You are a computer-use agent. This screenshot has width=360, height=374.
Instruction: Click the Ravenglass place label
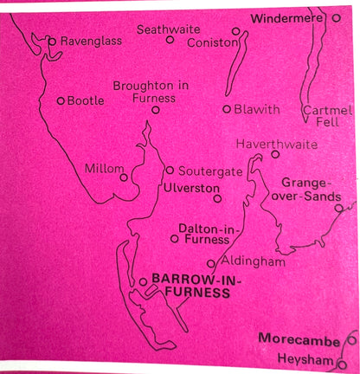(x=90, y=41)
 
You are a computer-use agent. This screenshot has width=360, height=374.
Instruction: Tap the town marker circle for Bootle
(x=61, y=100)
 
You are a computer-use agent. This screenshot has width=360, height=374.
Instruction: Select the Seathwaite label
(x=169, y=29)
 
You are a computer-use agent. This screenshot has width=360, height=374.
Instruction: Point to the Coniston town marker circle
(x=235, y=31)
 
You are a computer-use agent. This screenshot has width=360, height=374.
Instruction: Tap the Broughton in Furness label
(x=156, y=92)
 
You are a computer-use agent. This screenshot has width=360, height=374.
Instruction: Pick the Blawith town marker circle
(x=227, y=109)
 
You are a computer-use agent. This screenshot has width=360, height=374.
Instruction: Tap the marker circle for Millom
(x=125, y=177)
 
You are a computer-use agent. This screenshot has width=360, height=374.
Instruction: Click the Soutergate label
(x=206, y=171)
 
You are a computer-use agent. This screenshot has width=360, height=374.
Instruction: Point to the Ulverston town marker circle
(x=217, y=198)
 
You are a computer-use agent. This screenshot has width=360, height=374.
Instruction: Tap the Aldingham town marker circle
(x=210, y=263)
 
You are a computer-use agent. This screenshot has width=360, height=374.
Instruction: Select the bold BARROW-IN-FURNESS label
(x=191, y=287)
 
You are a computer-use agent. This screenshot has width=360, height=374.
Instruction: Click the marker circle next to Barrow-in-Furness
(x=143, y=281)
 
